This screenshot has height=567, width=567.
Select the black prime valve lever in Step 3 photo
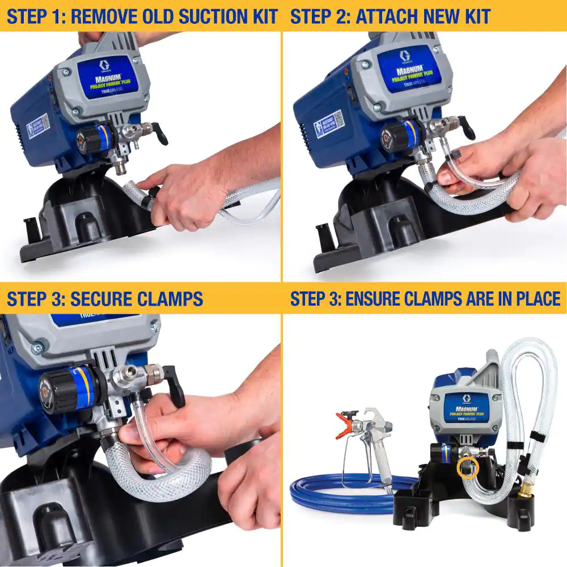coord(173,386)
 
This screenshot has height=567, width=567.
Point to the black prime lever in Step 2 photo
coord(467,127)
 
